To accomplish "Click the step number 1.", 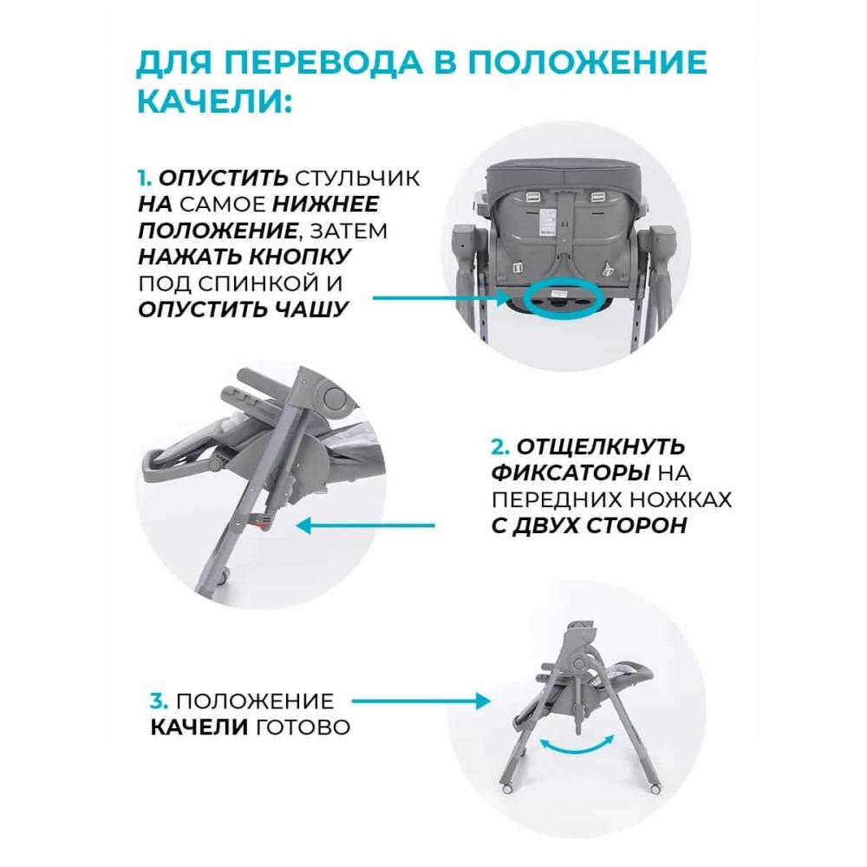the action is tap(144, 178).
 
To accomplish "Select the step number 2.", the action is tap(499, 447).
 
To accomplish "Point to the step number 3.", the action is tap(159, 701).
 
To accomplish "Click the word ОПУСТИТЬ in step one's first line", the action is tap(223, 178).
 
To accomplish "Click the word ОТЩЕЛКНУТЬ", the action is tap(601, 447).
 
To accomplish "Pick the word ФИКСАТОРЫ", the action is tap(570, 473).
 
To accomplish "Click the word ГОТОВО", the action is tap(303, 727).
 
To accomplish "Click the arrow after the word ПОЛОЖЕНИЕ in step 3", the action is tap(420, 701).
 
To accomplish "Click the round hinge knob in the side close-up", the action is tap(334, 398).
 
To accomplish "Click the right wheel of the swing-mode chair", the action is tap(655, 789).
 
